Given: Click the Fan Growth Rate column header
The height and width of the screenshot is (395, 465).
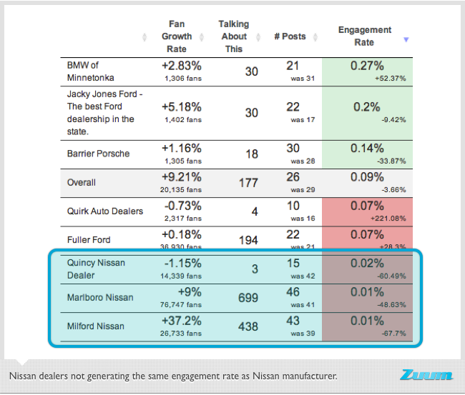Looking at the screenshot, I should (x=176, y=36).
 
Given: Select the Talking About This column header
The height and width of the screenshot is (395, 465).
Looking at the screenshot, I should (x=233, y=36).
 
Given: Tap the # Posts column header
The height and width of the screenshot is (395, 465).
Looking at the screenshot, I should (x=290, y=36).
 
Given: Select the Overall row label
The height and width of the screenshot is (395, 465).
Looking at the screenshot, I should (x=81, y=182).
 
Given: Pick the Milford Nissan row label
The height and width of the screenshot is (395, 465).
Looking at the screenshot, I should (x=95, y=326).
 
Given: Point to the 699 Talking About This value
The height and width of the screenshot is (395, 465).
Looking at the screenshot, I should (x=248, y=298).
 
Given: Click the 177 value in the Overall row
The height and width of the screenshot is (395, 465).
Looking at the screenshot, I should (x=248, y=183).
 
